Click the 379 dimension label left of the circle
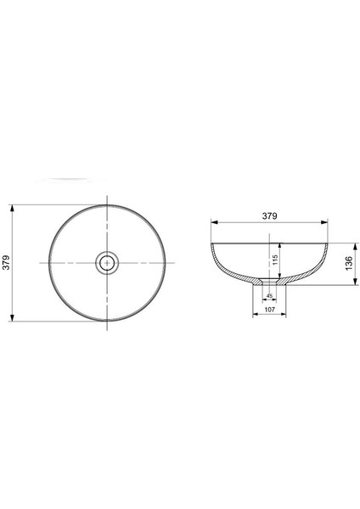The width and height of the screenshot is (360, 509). point(7,263)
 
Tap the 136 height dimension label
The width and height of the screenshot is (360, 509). point(348,264)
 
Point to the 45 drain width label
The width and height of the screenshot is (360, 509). point(270,296)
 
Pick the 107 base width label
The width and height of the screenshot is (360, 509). point(270,310)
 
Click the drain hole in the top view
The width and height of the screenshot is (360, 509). point(108,263)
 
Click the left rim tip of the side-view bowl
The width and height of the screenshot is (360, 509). point(212,243)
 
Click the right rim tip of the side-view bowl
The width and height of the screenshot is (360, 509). point(327,243)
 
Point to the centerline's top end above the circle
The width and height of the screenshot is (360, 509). point(108,198)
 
